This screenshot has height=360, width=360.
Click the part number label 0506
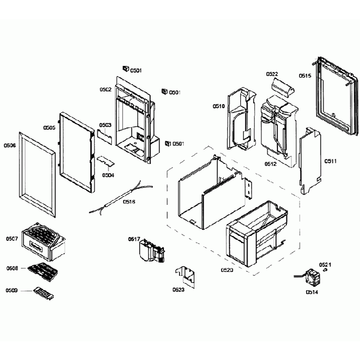(x=9, y=145)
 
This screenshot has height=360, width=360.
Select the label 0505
(x=49, y=127)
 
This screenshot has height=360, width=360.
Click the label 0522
(x=272, y=74)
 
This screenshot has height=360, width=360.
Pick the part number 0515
(x=305, y=76)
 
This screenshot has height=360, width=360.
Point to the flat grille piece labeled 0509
(x=44, y=292)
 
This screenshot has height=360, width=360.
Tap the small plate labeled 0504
(x=105, y=160)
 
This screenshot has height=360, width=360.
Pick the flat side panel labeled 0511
(x=310, y=158)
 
